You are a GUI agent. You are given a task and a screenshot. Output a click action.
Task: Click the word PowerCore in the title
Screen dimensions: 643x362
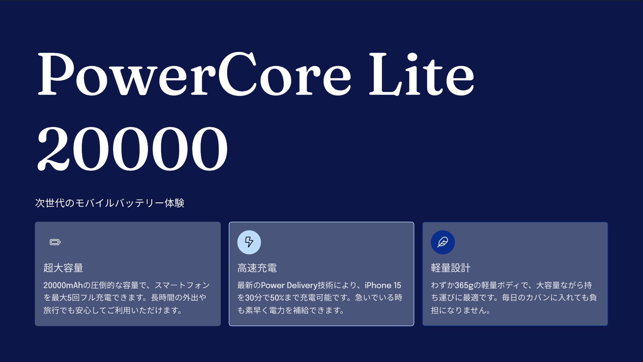[195, 74]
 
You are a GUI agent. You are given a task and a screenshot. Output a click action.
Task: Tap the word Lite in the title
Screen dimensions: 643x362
[422, 74]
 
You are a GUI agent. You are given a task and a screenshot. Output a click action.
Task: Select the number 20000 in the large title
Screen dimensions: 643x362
[132, 148]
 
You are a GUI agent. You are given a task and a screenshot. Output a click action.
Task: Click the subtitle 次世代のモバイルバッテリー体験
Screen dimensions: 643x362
[110, 203]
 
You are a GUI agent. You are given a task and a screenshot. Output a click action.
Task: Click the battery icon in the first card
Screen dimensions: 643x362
[55, 242]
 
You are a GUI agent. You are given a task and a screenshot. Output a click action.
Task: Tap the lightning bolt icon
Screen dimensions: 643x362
[249, 242]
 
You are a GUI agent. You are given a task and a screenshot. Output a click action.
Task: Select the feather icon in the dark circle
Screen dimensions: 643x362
[443, 242]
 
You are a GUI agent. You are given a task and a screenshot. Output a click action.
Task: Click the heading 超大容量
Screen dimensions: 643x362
[63, 268]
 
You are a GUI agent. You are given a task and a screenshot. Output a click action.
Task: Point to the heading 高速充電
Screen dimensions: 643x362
[257, 268]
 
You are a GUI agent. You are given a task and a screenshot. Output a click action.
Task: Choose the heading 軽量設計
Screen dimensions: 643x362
[451, 268]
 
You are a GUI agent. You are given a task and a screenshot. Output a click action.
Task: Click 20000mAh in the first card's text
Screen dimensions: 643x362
[63, 285]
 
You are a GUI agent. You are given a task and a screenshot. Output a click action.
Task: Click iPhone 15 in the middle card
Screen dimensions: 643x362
[383, 285]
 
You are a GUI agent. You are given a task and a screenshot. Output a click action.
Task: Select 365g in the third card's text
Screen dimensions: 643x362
[464, 285]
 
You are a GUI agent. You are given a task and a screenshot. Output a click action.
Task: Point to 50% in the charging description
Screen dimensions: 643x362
[277, 298]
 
